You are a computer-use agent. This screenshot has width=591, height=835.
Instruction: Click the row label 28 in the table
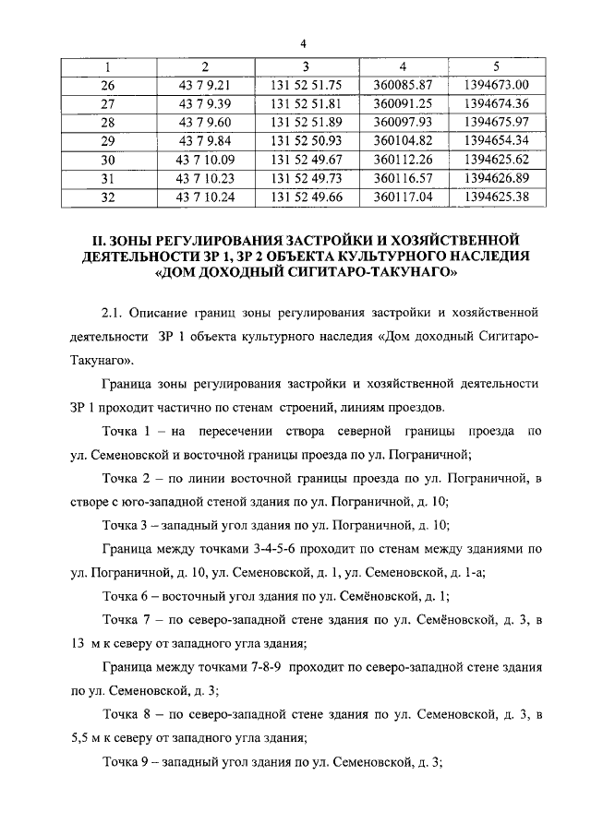point(108,122)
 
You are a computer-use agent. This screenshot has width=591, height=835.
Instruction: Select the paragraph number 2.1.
point(113,312)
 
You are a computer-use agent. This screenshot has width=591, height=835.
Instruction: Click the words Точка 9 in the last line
point(128,762)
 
